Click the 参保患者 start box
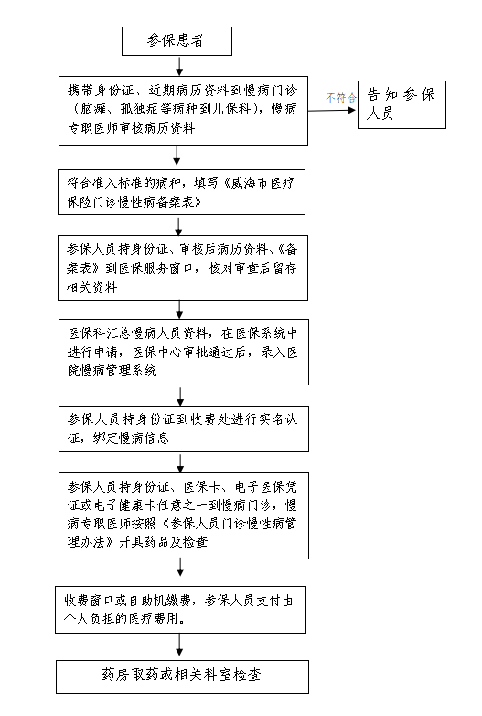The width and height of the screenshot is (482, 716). point(177,41)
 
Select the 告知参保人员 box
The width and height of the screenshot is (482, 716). point(402,104)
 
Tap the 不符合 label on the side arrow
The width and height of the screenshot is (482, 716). point(340,97)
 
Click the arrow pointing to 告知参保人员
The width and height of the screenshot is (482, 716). point(332,110)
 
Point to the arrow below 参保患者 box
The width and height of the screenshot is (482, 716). point(179,66)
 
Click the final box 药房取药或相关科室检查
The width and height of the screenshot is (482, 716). point(182,677)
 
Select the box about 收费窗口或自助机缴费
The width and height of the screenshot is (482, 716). point(180,610)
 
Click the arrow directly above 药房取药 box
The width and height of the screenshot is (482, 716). point(179,646)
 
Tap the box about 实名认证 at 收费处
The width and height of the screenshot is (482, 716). point(184,429)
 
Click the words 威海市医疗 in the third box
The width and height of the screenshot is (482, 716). point(262,183)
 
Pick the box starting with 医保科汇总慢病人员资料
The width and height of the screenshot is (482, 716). point(184,352)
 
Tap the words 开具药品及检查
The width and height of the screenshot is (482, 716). point(163,542)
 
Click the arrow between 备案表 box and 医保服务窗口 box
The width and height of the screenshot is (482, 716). point(178,225)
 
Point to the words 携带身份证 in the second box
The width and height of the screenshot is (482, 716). point(100,91)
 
